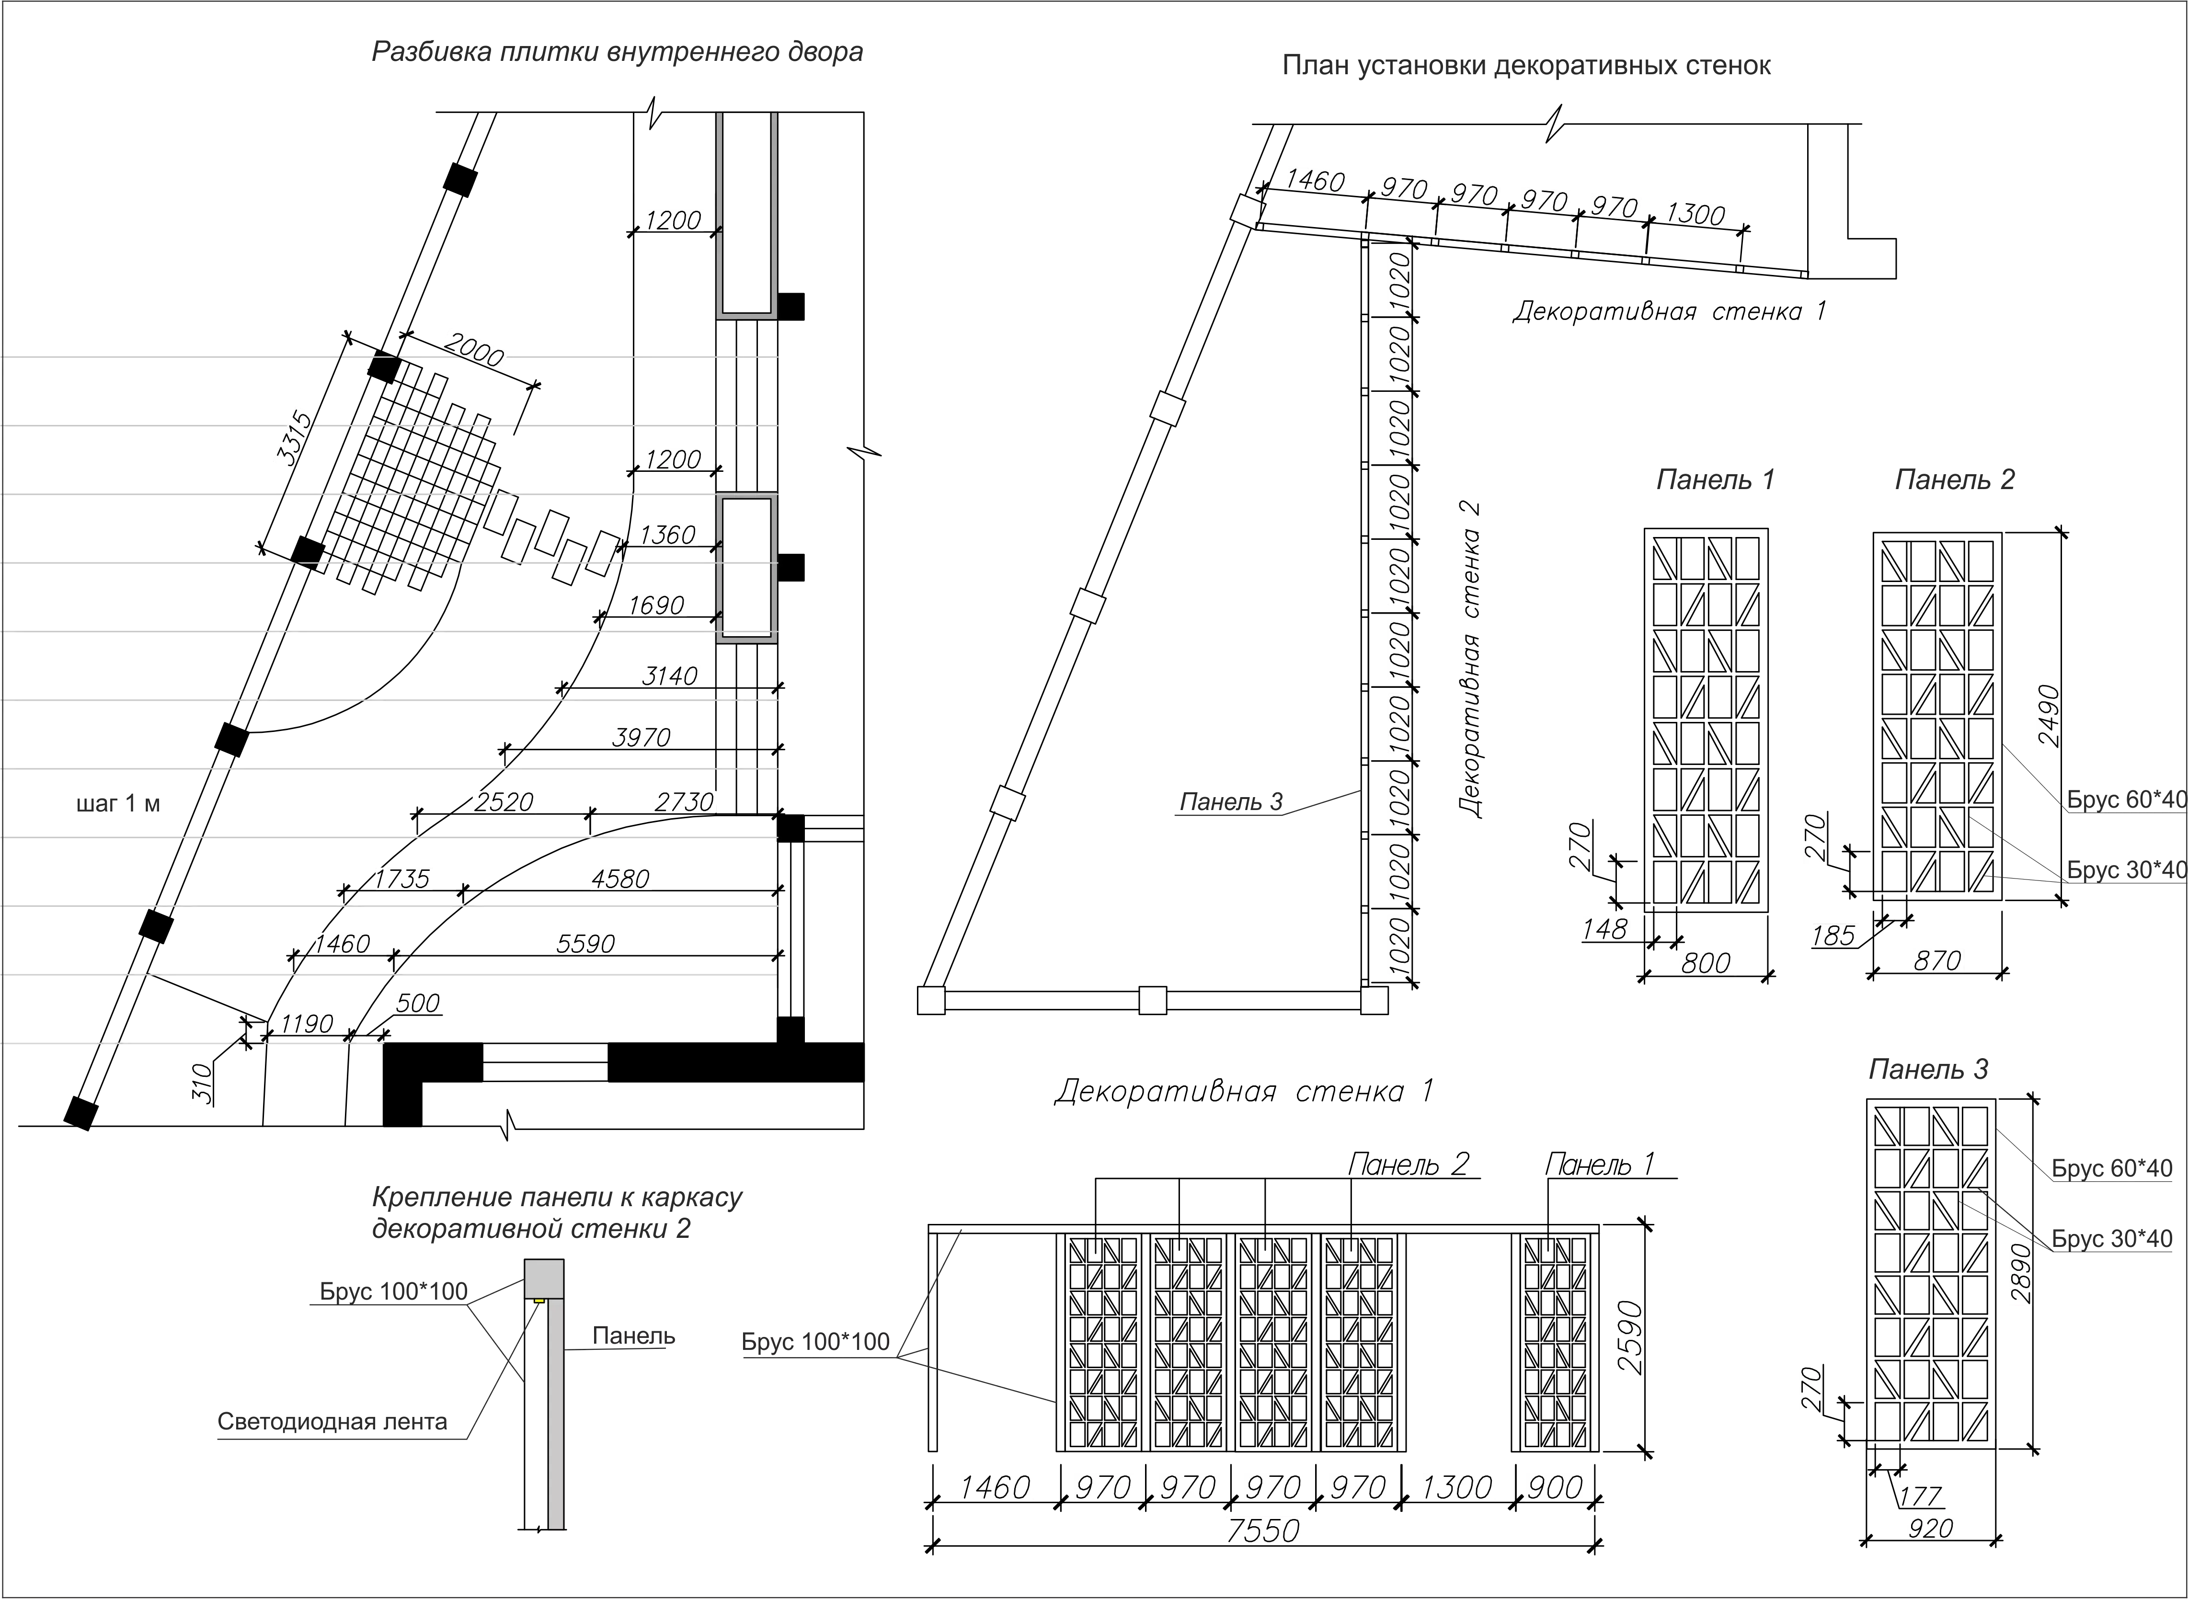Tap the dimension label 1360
(668, 534)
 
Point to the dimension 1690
(657, 606)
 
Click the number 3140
(670, 675)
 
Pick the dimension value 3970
(641, 738)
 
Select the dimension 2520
(504, 802)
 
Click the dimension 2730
(684, 802)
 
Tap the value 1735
(402, 879)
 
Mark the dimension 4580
(620, 879)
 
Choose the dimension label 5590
(586, 944)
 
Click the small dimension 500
(417, 1003)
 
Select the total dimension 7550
(1263, 1530)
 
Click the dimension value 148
(1605, 929)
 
